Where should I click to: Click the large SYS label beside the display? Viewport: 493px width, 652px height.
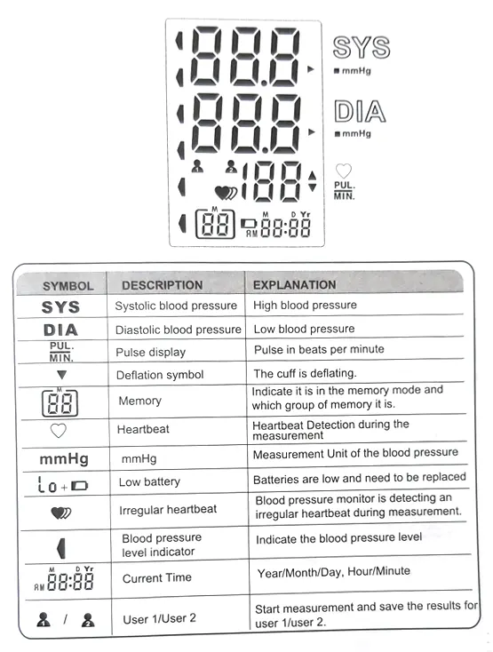click(x=361, y=47)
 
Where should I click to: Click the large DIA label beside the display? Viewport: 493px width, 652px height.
click(x=360, y=112)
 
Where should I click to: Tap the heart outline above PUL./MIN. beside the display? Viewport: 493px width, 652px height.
click(x=343, y=171)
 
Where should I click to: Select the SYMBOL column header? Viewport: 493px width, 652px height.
click(x=68, y=286)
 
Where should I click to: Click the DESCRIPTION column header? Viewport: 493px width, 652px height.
click(x=162, y=285)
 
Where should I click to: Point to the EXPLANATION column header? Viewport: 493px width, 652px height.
click(x=295, y=285)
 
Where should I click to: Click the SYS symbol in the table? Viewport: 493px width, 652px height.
click(x=60, y=307)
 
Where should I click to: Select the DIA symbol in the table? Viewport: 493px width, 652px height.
click(x=60, y=330)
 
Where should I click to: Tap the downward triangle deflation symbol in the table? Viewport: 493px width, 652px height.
click(x=61, y=375)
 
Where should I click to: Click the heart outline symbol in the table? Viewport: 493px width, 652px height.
click(x=59, y=431)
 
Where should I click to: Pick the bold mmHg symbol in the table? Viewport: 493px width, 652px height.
click(x=63, y=459)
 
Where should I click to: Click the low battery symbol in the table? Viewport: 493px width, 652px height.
click(x=63, y=485)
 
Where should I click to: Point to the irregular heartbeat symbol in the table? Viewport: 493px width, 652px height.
click(x=62, y=513)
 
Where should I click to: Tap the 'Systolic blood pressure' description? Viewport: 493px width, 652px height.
click(x=176, y=306)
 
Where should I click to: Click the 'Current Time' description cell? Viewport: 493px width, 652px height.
click(x=158, y=577)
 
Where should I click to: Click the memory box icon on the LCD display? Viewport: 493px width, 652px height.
click(x=214, y=223)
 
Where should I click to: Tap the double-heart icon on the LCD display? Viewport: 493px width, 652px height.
click(x=226, y=191)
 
